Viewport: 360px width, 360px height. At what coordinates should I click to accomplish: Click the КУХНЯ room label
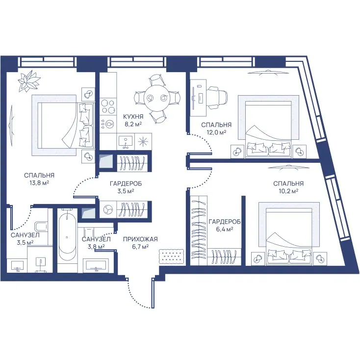tap(133, 116)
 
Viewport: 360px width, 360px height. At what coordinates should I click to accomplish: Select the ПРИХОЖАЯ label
tap(140, 239)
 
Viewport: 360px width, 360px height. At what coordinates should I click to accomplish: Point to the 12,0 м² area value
tap(216, 132)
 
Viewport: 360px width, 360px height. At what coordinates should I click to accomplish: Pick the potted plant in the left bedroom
tap(29, 81)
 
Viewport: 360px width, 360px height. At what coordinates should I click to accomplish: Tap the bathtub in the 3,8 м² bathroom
tap(67, 236)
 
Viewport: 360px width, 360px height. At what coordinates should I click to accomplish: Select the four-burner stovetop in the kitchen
tap(108, 106)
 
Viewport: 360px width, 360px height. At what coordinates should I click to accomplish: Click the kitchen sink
tap(126, 142)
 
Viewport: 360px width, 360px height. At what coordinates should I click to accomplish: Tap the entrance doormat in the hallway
tap(171, 256)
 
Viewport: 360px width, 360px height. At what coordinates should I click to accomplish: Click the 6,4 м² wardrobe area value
tap(225, 229)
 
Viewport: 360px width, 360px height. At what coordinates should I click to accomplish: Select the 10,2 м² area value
tap(288, 191)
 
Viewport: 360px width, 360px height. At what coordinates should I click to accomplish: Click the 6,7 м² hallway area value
tap(140, 247)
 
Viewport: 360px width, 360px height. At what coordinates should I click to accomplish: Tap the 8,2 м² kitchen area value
tap(133, 124)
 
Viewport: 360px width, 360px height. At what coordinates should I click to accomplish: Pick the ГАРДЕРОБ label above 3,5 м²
tap(126, 183)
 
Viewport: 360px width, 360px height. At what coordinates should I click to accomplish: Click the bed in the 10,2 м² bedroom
tap(289, 234)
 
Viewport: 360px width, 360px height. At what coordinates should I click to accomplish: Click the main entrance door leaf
tap(153, 293)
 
